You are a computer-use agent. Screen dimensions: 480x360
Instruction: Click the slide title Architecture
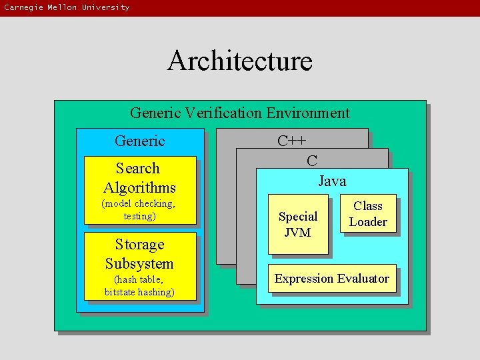239,61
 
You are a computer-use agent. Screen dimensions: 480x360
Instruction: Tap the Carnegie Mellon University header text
67,7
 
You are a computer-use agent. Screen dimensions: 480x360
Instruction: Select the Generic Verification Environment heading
239,113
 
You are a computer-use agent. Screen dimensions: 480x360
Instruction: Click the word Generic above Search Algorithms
139,141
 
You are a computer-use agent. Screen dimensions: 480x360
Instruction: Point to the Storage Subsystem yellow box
140,266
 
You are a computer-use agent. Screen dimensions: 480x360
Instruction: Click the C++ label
292,141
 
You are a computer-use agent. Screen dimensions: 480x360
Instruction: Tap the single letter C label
311,160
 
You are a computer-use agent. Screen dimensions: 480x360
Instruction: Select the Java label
332,181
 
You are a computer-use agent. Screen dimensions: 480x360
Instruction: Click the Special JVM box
298,224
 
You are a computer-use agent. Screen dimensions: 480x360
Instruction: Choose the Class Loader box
368,214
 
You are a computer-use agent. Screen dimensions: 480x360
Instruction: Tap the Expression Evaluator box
332,279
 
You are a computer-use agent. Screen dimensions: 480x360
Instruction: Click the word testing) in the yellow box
139,216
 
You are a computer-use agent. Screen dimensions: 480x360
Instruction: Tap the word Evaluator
363,279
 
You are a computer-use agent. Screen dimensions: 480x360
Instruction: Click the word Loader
368,222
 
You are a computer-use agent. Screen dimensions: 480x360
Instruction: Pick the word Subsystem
139,263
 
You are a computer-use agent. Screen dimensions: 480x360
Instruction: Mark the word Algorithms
139,187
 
